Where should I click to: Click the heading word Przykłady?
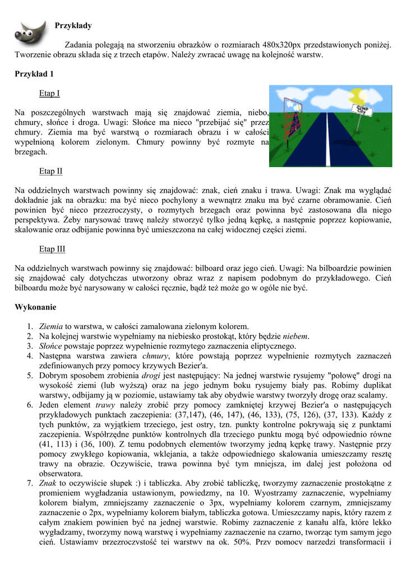[73, 26]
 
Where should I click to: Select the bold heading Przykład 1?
[34, 74]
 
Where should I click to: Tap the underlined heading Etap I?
[49, 93]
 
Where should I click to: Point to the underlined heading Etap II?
[50, 171]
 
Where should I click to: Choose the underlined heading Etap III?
[52, 249]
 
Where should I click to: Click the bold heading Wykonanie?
[35, 307]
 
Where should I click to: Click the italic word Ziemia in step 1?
[51, 326]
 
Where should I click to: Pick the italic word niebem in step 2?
[296, 336]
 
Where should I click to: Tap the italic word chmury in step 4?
[156, 356]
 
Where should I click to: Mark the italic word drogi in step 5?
[151, 376]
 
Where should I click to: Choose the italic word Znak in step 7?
[48, 483]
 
